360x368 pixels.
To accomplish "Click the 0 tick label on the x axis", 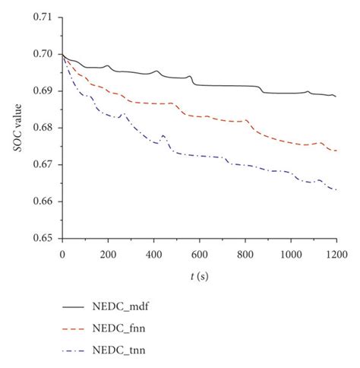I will [62, 249].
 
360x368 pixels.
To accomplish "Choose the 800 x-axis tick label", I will [245, 249].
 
